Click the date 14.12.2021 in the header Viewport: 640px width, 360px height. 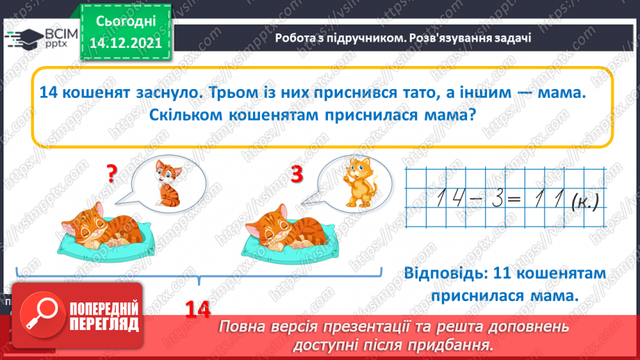(126, 42)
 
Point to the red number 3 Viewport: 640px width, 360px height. (297, 176)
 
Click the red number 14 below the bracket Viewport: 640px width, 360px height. (198, 309)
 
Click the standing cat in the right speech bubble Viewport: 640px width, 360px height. (358, 181)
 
